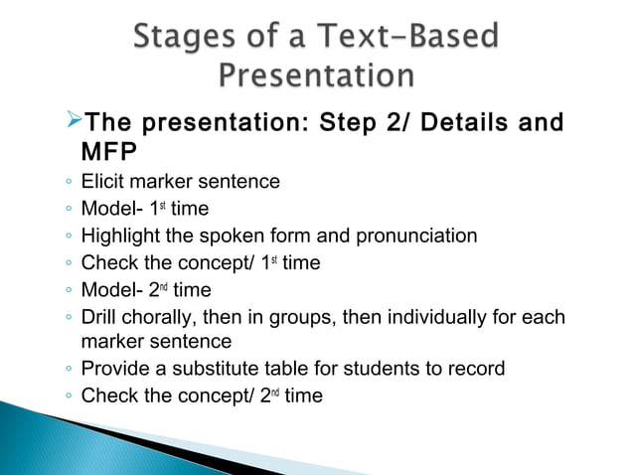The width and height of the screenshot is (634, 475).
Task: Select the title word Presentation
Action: tap(316, 76)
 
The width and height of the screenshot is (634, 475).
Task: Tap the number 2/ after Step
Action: tap(383, 125)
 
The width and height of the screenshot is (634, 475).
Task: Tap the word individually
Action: tap(461, 318)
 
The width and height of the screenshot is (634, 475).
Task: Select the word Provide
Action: tap(115, 369)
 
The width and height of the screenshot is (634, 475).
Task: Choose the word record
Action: tap(475, 369)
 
